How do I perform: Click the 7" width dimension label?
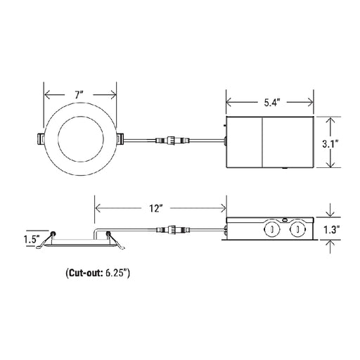(79, 96)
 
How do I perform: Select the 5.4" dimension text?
(272, 103)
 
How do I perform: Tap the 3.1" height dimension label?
(330, 143)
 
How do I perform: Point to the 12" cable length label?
(156, 208)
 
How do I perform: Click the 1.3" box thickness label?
(332, 229)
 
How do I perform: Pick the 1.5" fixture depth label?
(32, 239)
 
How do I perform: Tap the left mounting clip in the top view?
(41, 139)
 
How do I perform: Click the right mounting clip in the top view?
(120, 139)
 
